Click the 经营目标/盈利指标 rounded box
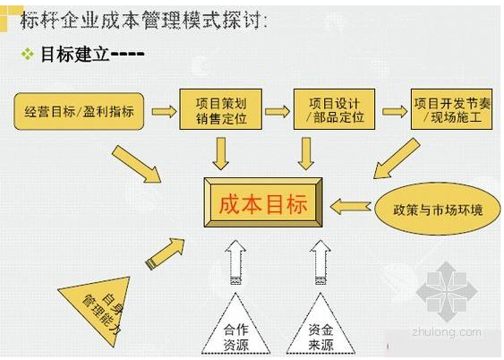[x=79, y=111]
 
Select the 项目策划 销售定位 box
[x=220, y=109]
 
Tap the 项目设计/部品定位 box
[x=334, y=109]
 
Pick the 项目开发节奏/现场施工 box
[x=451, y=109]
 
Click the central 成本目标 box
[x=263, y=202]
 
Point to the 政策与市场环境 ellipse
[x=438, y=209]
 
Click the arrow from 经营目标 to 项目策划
[x=164, y=112]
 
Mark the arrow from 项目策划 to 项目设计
[x=278, y=112]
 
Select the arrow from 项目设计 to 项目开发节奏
[x=395, y=112]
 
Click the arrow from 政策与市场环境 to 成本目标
[x=350, y=207]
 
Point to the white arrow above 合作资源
[x=235, y=262]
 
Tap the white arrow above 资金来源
[x=320, y=262]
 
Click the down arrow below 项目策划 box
[x=221, y=154]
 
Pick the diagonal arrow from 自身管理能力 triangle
[x=166, y=253]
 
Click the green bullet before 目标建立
[x=28, y=54]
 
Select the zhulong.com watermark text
[x=447, y=332]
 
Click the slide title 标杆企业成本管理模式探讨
[x=143, y=20]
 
